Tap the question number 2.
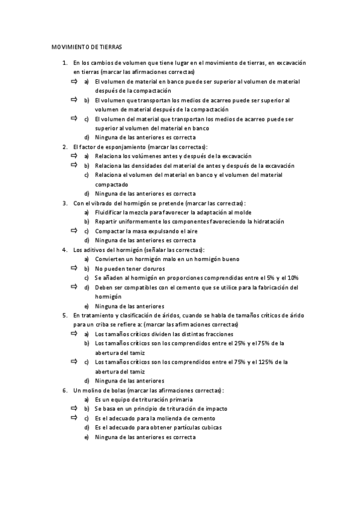pos(64,147)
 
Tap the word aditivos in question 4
pos(94,250)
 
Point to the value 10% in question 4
pos(292,278)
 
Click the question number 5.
pos(64,315)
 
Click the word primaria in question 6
pos(178,399)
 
